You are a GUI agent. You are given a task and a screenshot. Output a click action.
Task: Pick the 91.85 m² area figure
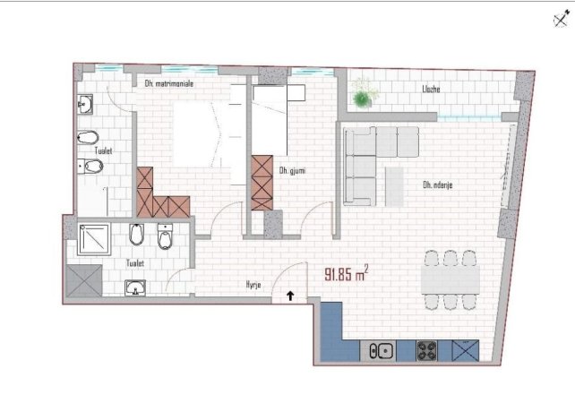(x=344, y=272)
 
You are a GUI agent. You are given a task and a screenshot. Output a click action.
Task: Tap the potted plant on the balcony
(x=363, y=92)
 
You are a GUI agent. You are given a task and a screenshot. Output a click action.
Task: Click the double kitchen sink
(x=378, y=352)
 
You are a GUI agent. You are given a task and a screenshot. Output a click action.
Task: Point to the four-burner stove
(x=425, y=352)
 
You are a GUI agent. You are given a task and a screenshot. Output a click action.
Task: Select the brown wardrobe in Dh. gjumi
(x=262, y=183)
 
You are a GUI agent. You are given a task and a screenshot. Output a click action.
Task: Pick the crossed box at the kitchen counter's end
(x=466, y=352)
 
